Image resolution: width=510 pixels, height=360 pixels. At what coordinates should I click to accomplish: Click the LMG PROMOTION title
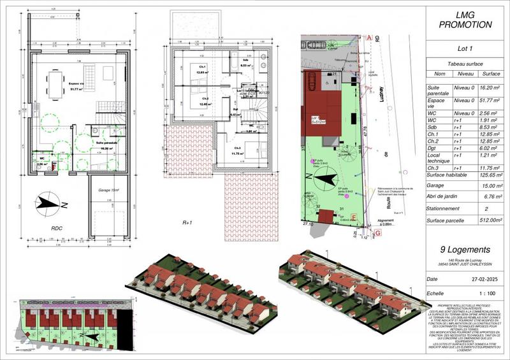coord(466,20)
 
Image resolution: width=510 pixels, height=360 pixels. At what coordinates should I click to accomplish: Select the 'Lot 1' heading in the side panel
coord(466,48)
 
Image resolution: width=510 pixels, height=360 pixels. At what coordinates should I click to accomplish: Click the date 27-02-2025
coord(487,279)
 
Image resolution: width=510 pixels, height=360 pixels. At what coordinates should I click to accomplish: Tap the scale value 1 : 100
coord(488,295)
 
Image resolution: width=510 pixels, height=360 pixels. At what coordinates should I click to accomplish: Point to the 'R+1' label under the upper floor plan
coord(187,223)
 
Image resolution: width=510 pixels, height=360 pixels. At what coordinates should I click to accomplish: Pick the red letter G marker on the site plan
coord(378,233)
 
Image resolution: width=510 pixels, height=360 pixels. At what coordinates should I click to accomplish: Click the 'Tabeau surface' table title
coord(466,64)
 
